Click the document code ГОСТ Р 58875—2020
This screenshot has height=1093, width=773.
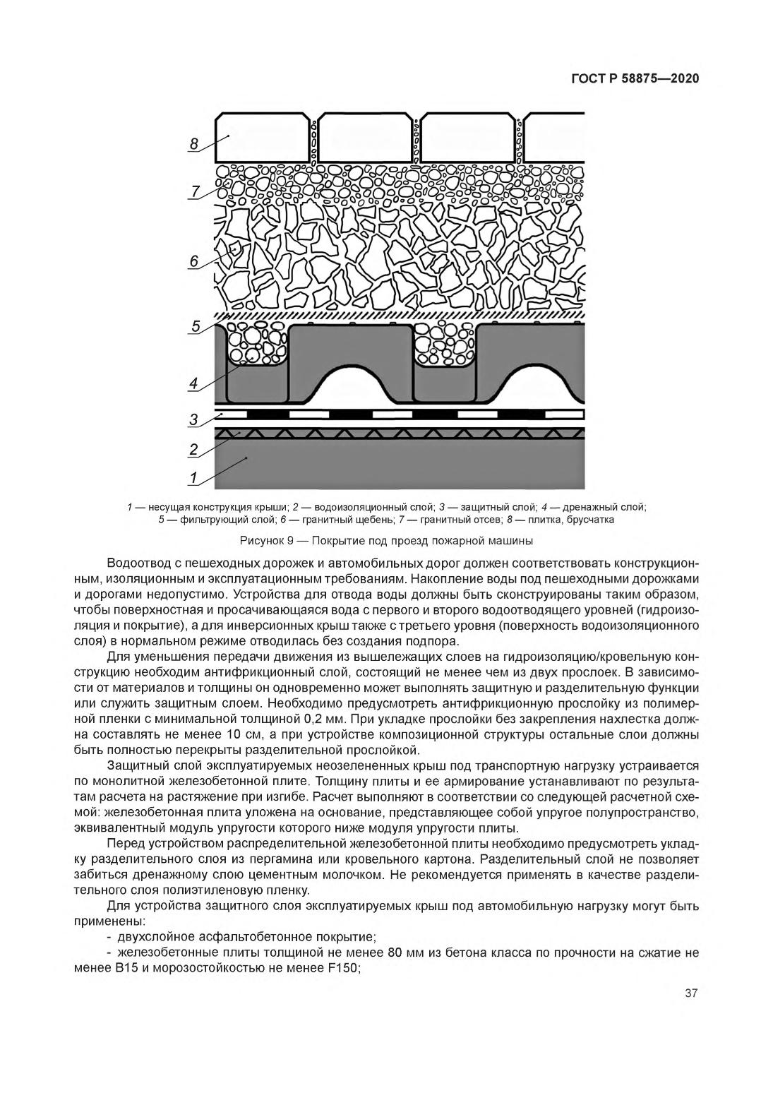634,78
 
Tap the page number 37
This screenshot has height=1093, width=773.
691,993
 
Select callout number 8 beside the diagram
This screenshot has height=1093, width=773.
194,143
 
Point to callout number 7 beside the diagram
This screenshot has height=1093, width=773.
194,191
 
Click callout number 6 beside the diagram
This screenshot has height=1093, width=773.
194,261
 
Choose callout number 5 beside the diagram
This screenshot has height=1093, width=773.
196,326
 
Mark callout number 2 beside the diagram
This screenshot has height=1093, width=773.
193,449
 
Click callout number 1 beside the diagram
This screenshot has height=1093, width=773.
193,478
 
